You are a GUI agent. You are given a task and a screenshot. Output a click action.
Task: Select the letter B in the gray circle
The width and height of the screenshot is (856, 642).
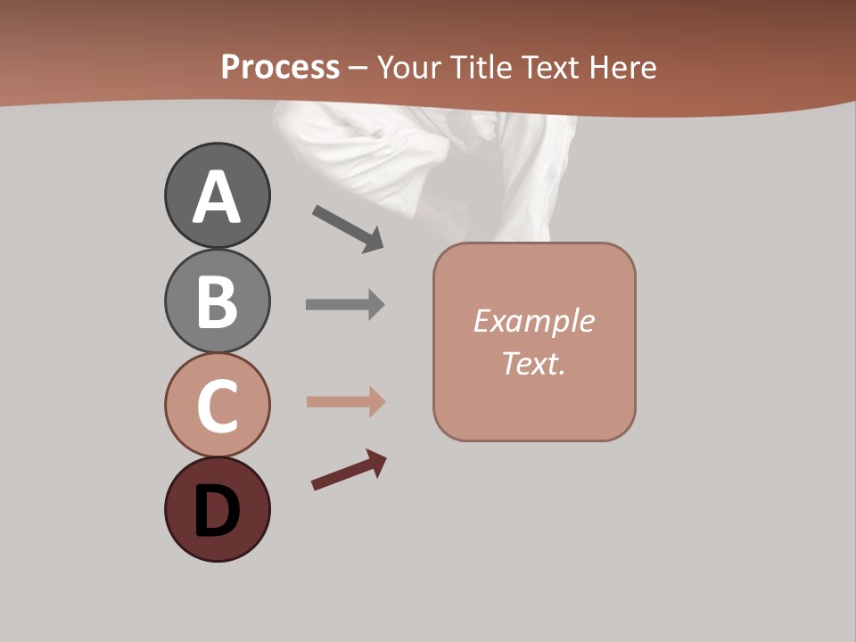click(x=217, y=301)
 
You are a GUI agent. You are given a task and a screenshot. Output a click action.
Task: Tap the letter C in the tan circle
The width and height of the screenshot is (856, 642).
click(x=217, y=406)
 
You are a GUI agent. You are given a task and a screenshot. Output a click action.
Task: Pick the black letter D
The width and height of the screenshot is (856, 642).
click(x=217, y=511)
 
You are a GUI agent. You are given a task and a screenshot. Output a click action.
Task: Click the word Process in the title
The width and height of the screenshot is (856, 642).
click(x=280, y=67)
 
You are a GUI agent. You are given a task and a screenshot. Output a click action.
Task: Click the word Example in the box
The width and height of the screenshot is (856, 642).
click(x=533, y=321)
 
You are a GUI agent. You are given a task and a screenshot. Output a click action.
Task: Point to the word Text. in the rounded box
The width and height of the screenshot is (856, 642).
click(x=533, y=363)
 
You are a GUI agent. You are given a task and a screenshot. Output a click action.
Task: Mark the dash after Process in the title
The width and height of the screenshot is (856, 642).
click(x=358, y=68)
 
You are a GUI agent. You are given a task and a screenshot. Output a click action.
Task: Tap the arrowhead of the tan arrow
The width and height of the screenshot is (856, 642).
click(x=376, y=402)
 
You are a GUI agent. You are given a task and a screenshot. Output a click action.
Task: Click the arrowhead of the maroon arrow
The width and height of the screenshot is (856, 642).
click(x=377, y=462)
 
